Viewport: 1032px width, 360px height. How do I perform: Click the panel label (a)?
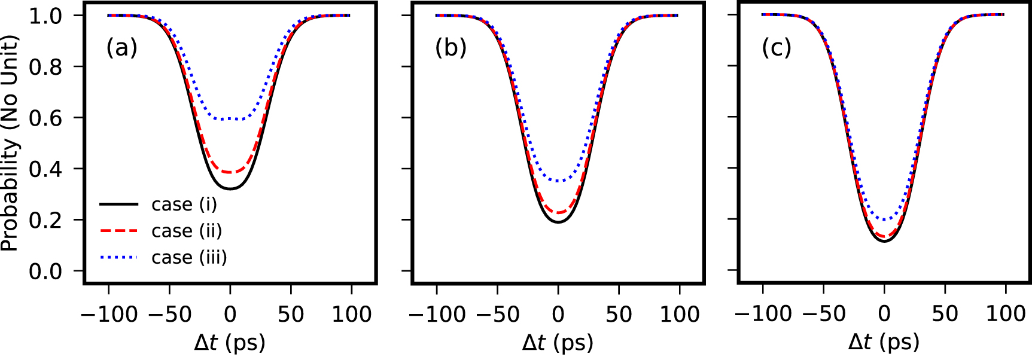point(121,47)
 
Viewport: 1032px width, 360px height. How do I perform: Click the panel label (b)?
point(450,47)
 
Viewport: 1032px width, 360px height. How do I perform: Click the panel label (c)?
point(777,47)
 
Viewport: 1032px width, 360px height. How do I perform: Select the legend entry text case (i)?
point(184,205)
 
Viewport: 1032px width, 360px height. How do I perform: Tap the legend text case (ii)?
point(187,231)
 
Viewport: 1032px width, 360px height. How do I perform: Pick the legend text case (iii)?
point(189,257)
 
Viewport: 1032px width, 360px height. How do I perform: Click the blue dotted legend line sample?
point(118,257)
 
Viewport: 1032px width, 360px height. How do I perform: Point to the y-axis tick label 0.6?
point(45,118)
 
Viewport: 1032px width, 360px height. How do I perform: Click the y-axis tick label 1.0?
point(45,16)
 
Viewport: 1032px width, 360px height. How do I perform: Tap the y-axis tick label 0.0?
point(45,271)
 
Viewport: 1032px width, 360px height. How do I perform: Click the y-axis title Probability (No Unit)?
point(10,144)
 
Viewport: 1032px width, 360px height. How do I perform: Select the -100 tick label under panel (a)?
point(109,314)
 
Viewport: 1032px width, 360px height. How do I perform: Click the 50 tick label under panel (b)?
point(619,314)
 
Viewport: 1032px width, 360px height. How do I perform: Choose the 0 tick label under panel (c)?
point(884,314)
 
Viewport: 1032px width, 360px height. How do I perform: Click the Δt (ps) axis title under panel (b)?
point(558,343)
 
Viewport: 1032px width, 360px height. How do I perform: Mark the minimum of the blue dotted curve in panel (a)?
point(230,119)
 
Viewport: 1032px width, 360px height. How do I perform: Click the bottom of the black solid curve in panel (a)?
point(230,189)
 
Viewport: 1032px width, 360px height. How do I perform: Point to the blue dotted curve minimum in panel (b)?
point(558,181)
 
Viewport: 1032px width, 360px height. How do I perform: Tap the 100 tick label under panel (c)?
point(1006,314)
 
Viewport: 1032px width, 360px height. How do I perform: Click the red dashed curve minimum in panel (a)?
point(230,172)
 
